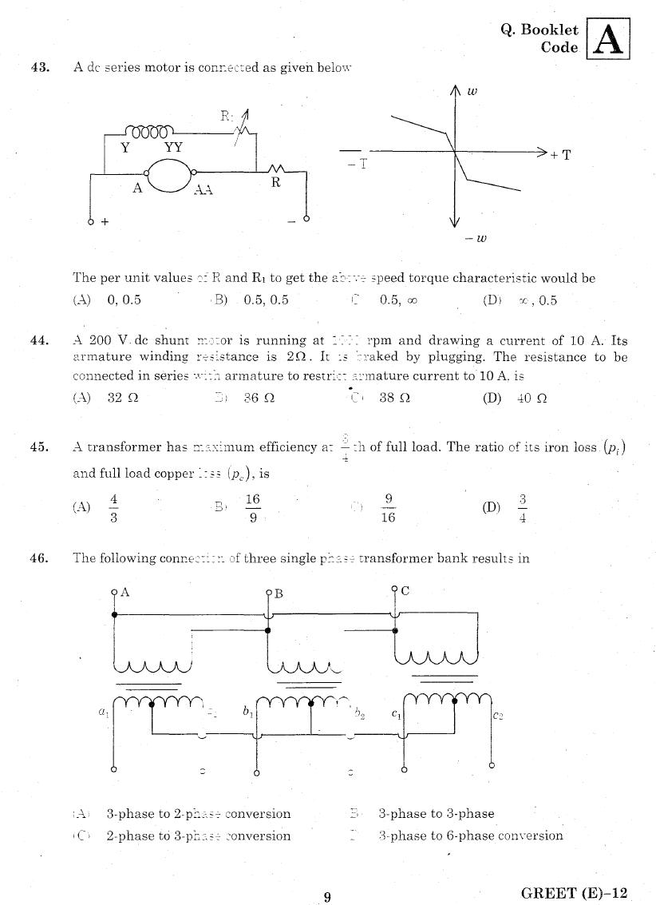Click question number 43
pyautogui.click(x=40, y=68)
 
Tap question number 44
pyautogui.click(x=40, y=341)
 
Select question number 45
pyautogui.click(x=40, y=447)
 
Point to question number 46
pyautogui.click(x=40, y=558)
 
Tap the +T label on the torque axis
pyautogui.click(x=560, y=155)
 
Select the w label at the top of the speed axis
pyautogui.click(x=472, y=91)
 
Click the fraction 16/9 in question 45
pyautogui.click(x=252, y=508)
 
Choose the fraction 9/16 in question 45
pyautogui.click(x=389, y=508)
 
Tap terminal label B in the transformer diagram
pyautogui.click(x=279, y=593)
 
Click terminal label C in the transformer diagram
pyautogui.click(x=405, y=591)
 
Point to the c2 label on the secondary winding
pyautogui.click(x=497, y=716)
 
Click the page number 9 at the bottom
pyautogui.click(x=327, y=897)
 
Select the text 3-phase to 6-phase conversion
pyautogui.click(x=470, y=836)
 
